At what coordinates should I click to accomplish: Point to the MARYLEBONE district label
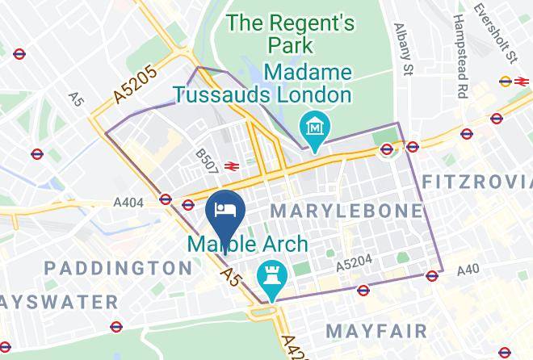click(346, 211)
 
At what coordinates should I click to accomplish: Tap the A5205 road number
click(135, 83)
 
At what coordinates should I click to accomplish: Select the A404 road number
click(129, 203)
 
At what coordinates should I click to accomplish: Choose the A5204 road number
click(354, 264)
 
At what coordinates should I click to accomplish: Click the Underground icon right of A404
click(166, 199)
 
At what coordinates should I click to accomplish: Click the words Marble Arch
click(248, 244)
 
